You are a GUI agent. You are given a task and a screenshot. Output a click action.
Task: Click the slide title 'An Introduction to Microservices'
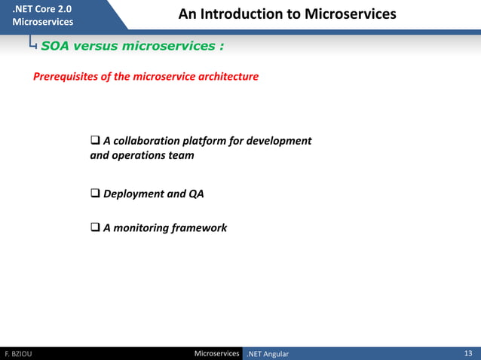[286, 15]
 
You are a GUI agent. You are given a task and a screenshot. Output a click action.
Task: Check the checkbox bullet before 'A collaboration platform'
[95, 141]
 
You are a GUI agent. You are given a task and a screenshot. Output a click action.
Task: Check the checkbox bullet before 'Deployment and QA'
[95, 194]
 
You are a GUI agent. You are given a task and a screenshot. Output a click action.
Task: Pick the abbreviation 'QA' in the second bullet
[195, 194]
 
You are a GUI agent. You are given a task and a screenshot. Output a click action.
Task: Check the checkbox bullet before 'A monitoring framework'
[95, 227]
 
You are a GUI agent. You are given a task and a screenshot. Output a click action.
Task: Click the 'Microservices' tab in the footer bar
[216, 353]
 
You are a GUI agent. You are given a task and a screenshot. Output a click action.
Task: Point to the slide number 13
[468, 353]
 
